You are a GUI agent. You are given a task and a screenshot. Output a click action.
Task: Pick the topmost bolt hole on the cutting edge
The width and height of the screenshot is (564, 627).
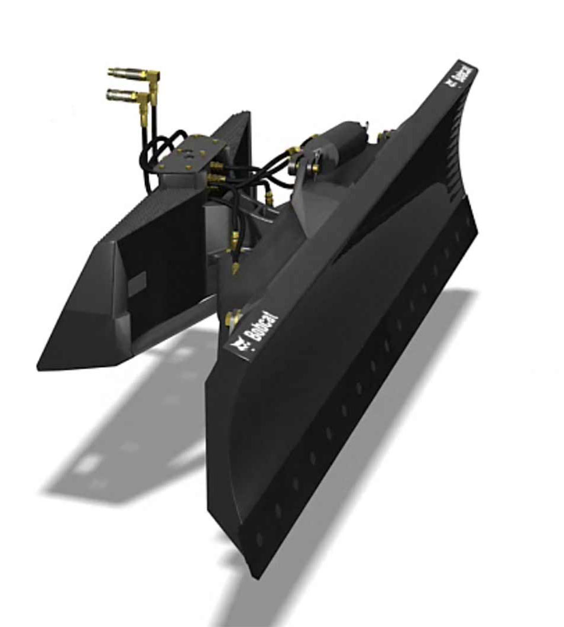(470, 221)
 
